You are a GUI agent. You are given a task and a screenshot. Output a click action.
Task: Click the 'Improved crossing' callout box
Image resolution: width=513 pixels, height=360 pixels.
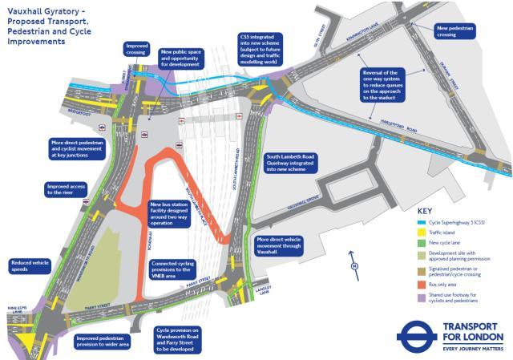[x=137, y=51]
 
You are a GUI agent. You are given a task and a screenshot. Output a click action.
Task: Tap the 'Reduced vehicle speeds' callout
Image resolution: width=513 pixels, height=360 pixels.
[x=30, y=266]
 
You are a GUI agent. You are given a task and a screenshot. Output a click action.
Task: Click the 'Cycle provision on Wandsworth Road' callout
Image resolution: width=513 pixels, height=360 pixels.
[x=178, y=340]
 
